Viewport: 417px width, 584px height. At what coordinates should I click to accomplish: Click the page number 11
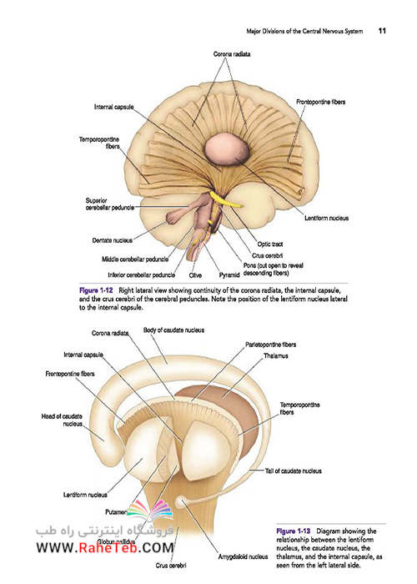(382, 31)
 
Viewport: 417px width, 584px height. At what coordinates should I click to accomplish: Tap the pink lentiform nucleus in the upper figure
(226, 149)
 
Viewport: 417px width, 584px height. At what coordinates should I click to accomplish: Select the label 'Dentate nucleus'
(112, 240)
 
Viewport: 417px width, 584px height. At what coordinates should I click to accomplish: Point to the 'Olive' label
(195, 275)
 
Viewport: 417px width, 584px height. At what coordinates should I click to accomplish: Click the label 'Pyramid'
(229, 275)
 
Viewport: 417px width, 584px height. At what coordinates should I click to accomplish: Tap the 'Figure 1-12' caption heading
(96, 290)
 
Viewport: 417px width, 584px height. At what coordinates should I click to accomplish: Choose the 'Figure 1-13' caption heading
(293, 531)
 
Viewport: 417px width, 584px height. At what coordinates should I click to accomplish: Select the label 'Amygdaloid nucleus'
(243, 556)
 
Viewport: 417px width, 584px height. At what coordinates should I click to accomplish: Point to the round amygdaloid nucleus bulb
(181, 501)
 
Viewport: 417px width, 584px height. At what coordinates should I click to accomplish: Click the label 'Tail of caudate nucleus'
(294, 471)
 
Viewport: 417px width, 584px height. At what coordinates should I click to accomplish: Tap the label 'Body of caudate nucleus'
(173, 330)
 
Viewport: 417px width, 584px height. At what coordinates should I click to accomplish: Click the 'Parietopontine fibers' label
(271, 345)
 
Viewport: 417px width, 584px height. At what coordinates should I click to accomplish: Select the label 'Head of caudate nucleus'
(62, 420)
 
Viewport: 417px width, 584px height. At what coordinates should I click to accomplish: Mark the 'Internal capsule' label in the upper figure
(113, 107)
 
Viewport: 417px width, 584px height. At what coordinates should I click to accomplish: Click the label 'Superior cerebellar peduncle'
(109, 204)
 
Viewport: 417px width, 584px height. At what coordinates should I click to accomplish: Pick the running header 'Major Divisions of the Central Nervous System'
(304, 32)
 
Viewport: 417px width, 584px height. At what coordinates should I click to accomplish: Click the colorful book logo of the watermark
(150, 510)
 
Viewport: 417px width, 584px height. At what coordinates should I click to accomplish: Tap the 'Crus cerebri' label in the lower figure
(171, 566)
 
